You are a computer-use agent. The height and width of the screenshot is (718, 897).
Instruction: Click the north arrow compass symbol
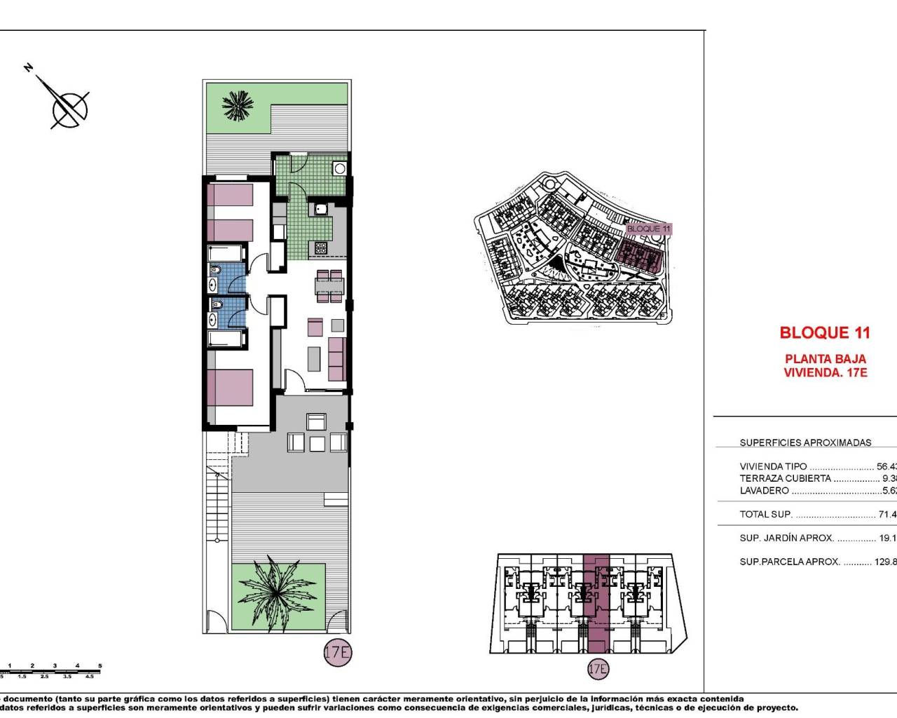pos(69,107)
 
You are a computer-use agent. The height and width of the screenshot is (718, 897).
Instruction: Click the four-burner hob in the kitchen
pos(320,247)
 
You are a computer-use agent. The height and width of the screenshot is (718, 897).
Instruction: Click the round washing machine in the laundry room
pos(340,168)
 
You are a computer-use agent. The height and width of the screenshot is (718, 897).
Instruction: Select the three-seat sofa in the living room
pos(337,358)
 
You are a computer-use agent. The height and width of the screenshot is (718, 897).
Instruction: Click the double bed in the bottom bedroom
pos(230,387)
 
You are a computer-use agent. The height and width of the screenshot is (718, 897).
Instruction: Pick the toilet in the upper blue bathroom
pos(216,271)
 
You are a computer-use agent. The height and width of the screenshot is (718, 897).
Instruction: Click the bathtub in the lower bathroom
pos(225,339)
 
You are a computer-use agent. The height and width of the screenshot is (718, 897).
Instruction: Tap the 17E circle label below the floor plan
pos(337,652)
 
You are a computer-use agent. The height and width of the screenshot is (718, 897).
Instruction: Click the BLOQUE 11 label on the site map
pos(648,229)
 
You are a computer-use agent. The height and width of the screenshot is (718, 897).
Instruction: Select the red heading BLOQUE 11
pos(825,333)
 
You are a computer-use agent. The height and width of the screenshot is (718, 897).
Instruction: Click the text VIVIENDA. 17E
pos(825,372)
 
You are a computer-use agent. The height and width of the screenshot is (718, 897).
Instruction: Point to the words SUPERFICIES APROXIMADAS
pos(805,442)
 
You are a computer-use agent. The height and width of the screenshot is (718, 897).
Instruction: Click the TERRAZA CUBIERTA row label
pos(785,478)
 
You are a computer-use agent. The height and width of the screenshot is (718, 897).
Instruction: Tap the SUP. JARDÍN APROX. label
pos(786,538)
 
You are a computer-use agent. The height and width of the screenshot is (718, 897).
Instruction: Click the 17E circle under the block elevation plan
pos(597,669)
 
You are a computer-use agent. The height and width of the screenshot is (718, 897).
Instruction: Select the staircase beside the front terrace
pos(218,491)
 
